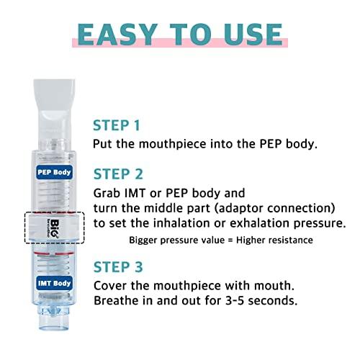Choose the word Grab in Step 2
[109, 194]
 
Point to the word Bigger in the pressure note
[145, 240]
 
